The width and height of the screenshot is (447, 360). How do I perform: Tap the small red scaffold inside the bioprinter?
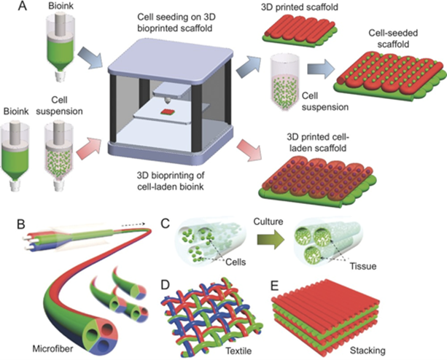(168, 111)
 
